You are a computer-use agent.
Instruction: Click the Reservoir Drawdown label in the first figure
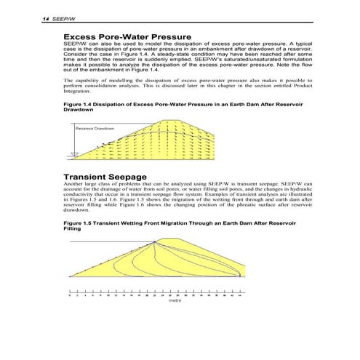click(95, 128)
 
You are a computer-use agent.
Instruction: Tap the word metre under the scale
click(174, 299)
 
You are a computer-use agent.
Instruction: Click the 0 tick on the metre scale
click(68, 292)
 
